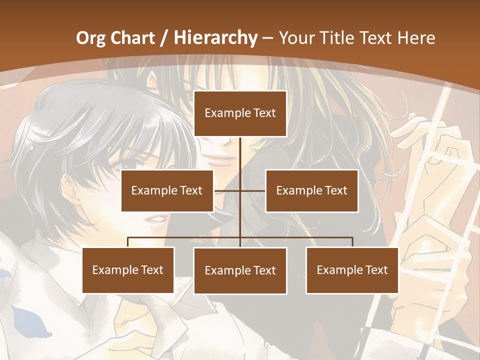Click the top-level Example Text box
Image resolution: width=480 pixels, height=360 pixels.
(240, 113)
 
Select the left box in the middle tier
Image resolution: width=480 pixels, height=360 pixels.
(167, 190)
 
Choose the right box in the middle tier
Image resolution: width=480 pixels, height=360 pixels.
(311, 190)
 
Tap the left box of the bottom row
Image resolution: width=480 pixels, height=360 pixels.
(128, 270)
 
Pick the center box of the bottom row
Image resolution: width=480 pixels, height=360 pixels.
(240, 270)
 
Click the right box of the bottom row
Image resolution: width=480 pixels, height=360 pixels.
(352, 270)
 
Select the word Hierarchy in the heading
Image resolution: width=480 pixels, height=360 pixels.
(215, 38)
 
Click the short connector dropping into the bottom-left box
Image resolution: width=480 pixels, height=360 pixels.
(128, 242)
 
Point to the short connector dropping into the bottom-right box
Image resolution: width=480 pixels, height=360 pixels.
(352, 242)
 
